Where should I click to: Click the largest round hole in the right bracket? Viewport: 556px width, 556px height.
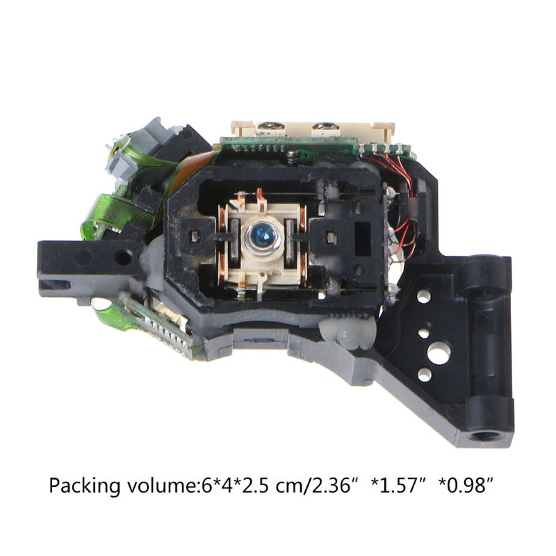(438, 354)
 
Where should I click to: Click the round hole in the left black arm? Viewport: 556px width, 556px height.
(124, 257)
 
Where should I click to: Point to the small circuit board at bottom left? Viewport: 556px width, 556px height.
(156, 323)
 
